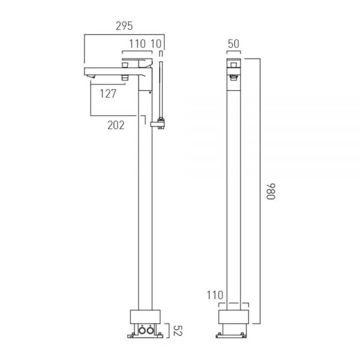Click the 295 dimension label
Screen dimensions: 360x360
click(124, 26)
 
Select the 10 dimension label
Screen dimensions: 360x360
click(156, 44)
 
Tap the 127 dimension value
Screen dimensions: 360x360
click(108, 94)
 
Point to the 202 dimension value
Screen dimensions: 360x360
click(116, 125)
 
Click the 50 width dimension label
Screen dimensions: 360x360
click(233, 44)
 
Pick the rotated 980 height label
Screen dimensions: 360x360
click(271, 191)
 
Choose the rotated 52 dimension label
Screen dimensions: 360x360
click(177, 331)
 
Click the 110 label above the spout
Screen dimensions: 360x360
click(137, 44)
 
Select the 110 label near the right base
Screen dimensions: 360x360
click(215, 295)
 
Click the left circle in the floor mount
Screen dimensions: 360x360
click(142, 331)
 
